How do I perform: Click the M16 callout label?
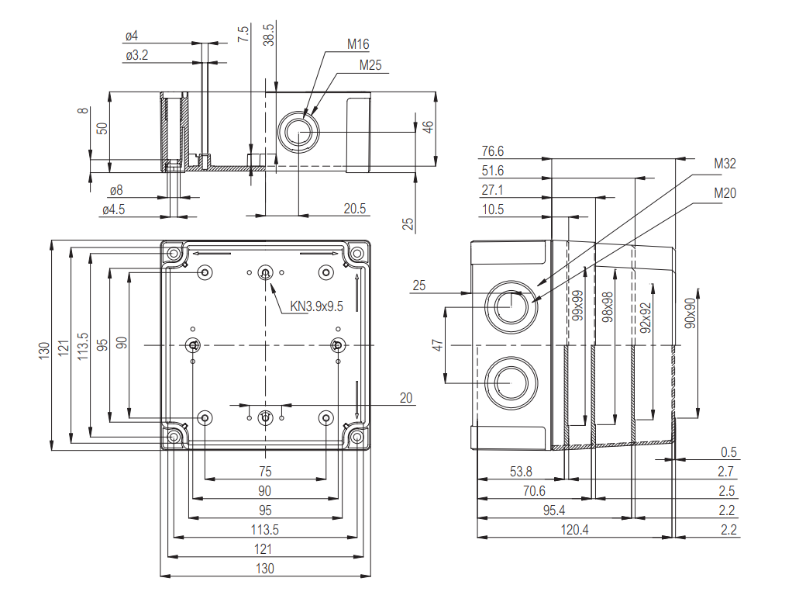[x=357, y=44]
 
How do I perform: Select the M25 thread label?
[x=370, y=65]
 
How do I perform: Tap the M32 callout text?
[x=725, y=164]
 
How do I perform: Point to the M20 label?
[x=725, y=193]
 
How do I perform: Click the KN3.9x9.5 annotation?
[x=316, y=306]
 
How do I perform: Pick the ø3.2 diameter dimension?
[x=136, y=56]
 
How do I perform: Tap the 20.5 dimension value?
[x=355, y=209]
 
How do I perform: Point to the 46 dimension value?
[x=427, y=126]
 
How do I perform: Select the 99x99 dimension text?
[x=577, y=306]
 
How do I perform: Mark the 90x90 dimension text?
[x=690, y=312]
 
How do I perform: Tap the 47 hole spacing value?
[x=439, y=344]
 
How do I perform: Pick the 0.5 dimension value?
[x=728, y=452]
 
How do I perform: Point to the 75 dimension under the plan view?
[x=265, y=471]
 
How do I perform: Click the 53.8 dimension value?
[x=522, y=472]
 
